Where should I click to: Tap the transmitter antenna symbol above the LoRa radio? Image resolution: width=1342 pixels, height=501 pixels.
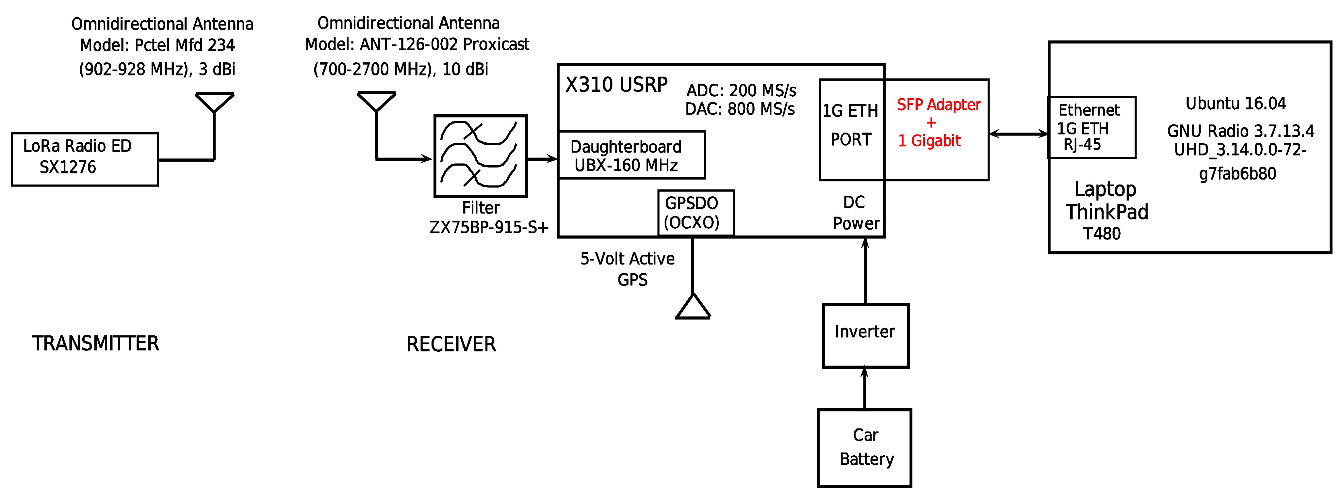coord(214,103)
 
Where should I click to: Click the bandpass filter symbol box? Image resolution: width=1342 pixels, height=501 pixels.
coord(480,156)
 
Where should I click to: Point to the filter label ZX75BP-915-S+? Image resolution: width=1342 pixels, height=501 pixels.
coord(489,228)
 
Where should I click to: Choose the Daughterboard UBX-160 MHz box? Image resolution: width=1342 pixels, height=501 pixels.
coord(631,155)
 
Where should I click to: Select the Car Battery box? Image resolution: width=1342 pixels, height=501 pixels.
coord(864,447)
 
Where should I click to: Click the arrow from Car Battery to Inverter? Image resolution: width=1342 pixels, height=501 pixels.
coord(864,388)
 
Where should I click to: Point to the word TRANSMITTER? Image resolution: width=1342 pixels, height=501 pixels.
coord(95,343)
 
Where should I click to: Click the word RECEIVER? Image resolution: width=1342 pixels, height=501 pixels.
coord(451,344)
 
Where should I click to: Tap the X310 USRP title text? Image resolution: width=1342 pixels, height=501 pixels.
coord(616,85)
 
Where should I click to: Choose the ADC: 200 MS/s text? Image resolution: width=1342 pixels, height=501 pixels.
coord(741,90)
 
